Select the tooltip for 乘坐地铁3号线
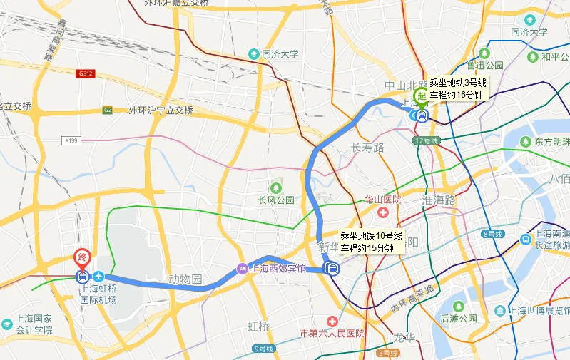tap(457, 88)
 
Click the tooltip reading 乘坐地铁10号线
tap(370, 242)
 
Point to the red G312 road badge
tap(86, 73)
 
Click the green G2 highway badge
tap(108, 110)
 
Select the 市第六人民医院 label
tap(332, 333)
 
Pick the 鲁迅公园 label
tap(485, 65)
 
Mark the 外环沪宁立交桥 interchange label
tap(161, 110)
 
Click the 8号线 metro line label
tap(493, 234)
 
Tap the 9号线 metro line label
tap(263, 349)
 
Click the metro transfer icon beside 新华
tap(331, 268)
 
